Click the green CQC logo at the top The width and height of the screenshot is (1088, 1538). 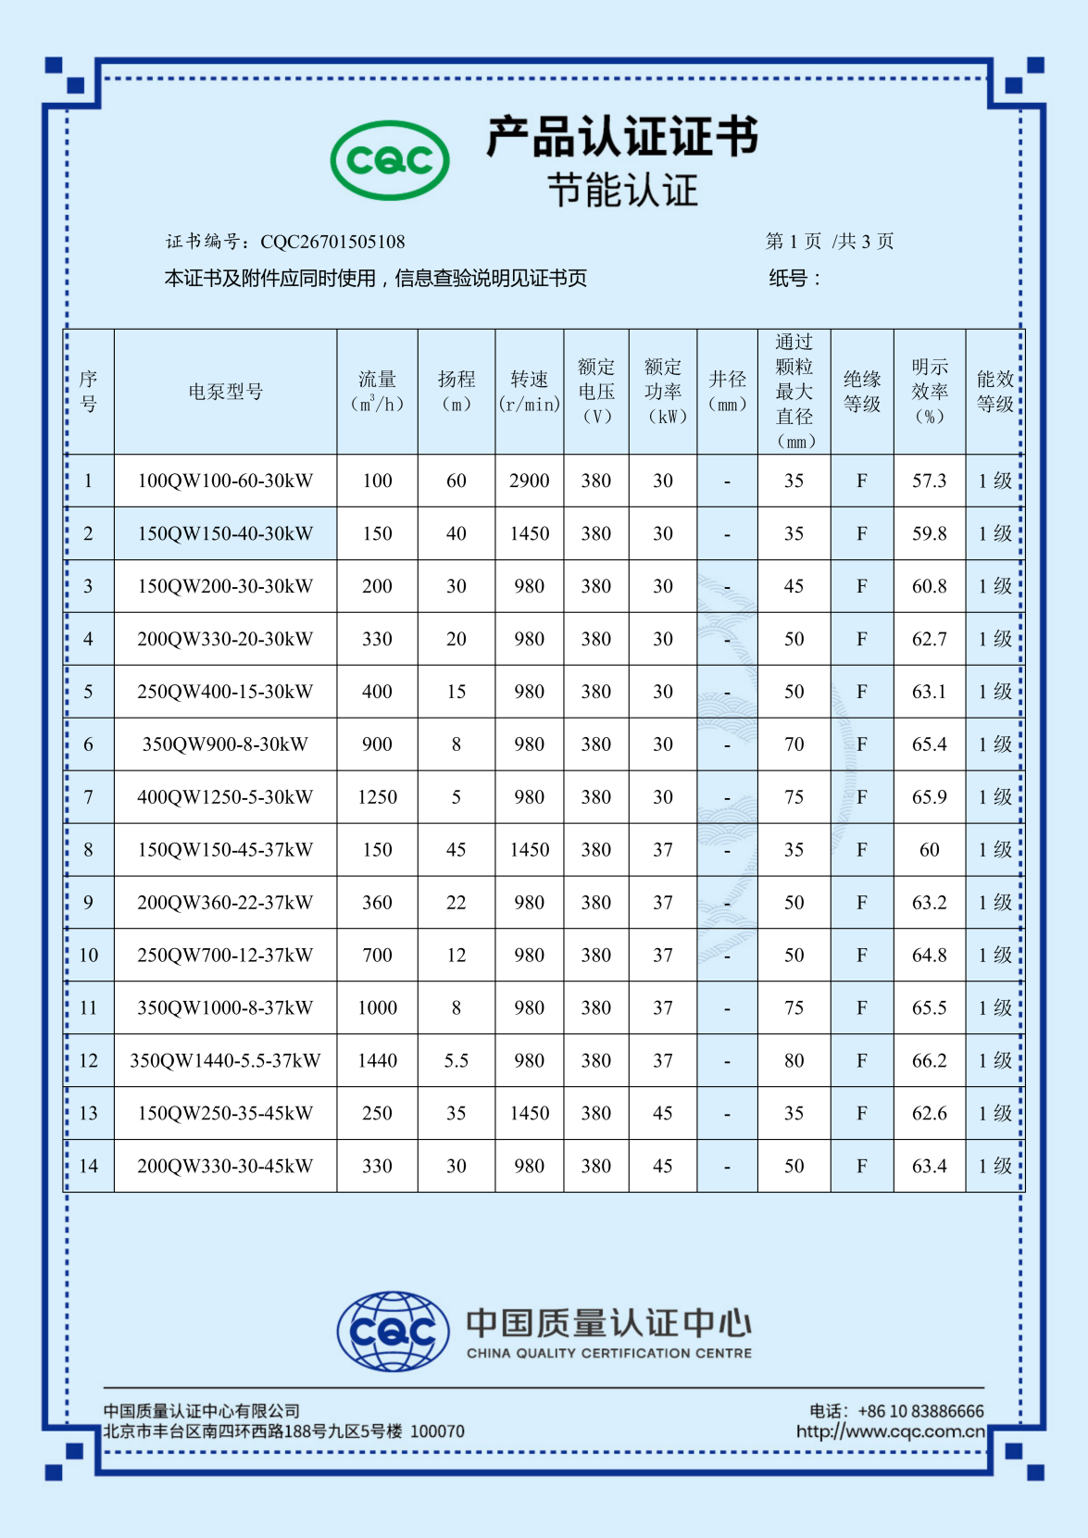click(390, 160)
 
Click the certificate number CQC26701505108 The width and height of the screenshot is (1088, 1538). click(332, 242)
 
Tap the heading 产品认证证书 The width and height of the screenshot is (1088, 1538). click(622, 137)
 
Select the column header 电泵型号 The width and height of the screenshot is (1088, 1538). click(225, 392)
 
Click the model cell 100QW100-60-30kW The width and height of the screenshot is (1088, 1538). click(225, 481)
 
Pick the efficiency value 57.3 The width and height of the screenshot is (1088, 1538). click(929, 481)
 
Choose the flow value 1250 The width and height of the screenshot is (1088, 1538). click(377, 797)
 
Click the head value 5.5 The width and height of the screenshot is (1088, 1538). click(456, 1061)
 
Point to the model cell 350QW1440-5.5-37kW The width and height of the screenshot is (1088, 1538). click(225, 1061)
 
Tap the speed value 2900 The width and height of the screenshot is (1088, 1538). click(529, 481)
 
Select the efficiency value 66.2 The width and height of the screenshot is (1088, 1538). click(929, 1061)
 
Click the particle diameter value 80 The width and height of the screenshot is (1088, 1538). click(794, 1061)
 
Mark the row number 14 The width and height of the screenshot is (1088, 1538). click(88, 1167)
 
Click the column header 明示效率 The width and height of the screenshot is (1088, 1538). click(929, 392)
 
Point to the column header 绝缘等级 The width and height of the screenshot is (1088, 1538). click(861, 392)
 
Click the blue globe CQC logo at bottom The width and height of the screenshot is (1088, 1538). click(393, 1332)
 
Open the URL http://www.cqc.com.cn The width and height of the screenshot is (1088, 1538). click(890, 1432)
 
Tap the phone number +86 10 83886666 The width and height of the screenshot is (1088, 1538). click(920, 1411)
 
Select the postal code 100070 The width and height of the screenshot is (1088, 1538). click(437, 1432)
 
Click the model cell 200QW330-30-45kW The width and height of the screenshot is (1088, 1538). click(225, 1167)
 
